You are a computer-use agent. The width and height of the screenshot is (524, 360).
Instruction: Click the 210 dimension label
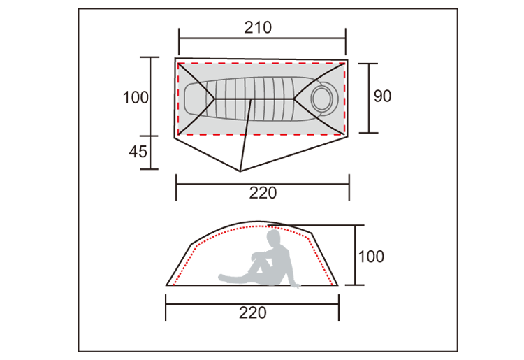click(258, 27)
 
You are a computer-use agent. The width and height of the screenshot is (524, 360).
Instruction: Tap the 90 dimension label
click(382, 96)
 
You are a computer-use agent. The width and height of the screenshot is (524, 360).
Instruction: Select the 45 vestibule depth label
click(138, 152)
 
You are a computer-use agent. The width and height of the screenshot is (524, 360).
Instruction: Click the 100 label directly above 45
click(136, 98)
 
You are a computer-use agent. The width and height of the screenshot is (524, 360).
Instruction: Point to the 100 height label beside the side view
click(371, 257)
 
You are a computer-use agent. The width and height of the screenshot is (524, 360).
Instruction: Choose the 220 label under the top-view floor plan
click(263, 193)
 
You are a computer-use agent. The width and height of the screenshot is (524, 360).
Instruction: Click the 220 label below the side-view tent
click(253, 313)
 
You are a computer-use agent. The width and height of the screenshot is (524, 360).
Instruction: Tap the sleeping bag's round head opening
click(321, 99)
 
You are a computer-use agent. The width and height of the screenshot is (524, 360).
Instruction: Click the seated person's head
click(273, 238)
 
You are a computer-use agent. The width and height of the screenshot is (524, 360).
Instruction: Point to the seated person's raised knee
click(255, 256)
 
